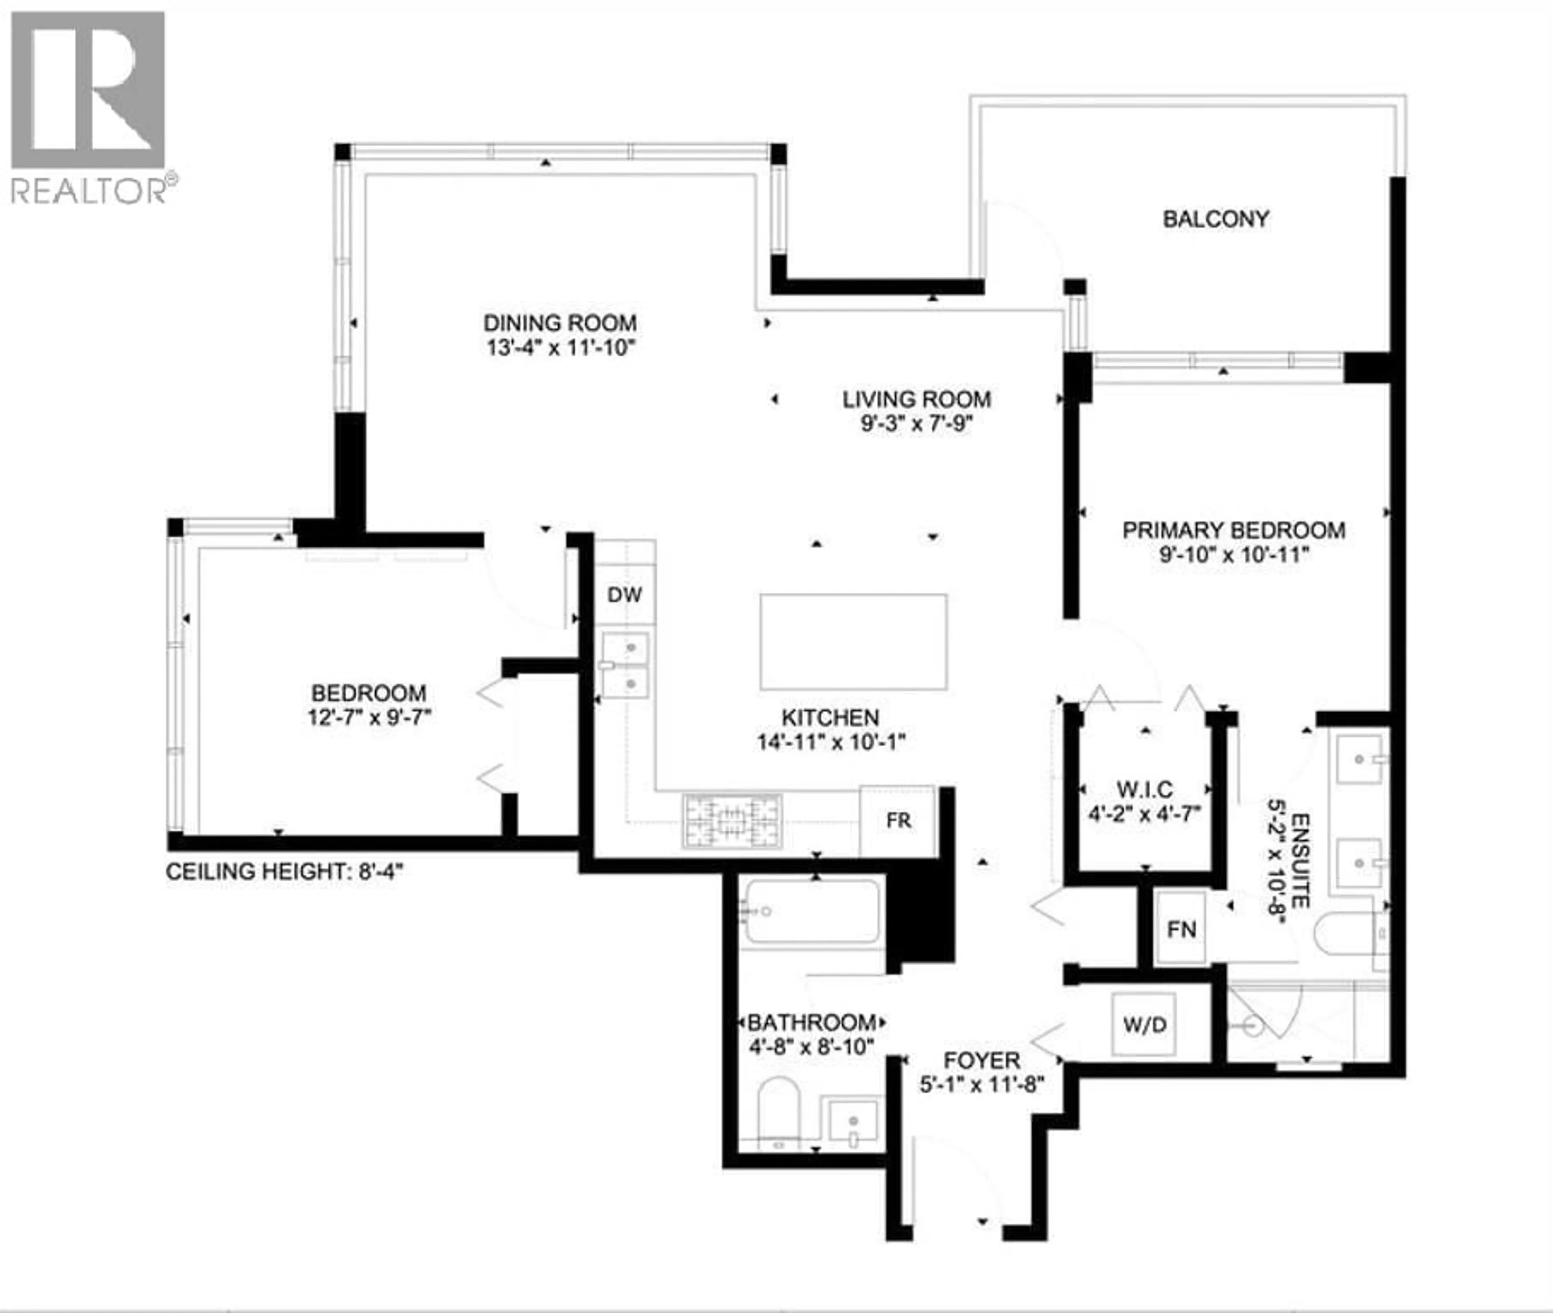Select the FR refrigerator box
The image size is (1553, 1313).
[898, 820]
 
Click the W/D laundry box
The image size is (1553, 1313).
[1144, 1025]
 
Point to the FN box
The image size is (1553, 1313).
[1181, 929]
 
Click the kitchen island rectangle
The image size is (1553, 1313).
[853, 642]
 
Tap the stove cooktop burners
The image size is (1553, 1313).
[732, 821]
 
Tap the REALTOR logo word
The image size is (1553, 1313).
[88, 190]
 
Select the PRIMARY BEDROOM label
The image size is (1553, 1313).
[1233, 530]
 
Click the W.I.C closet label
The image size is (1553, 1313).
[1144, 789]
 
